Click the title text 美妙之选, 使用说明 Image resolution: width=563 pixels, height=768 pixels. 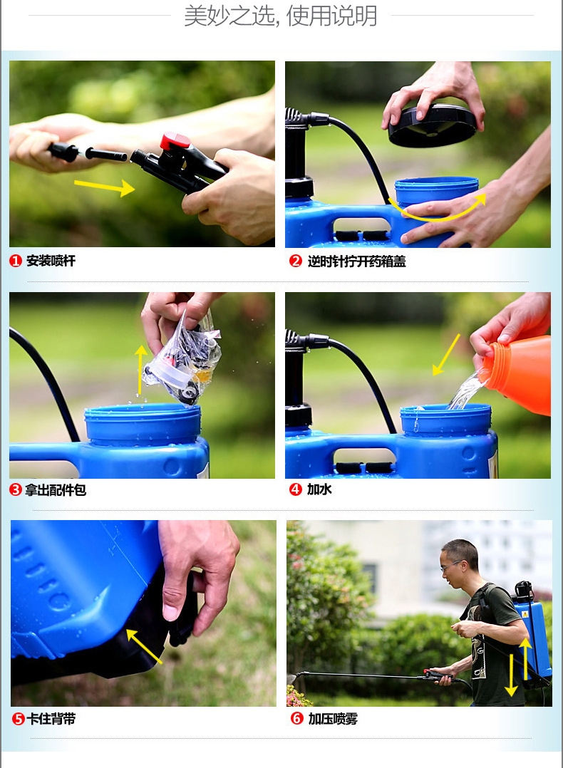[281, 16]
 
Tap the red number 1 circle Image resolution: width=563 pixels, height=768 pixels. [16, 261]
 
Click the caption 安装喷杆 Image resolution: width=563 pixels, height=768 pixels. [51, 261]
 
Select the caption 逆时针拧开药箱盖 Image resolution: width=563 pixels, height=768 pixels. [357, 261]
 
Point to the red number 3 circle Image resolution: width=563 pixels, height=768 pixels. [16, 489]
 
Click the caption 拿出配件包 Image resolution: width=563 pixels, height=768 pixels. [56, 490]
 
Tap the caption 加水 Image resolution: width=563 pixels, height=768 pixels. [319, 489]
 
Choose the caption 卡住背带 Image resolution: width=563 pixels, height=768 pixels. [51, 719]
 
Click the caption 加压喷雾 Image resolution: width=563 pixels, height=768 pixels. [333, 719]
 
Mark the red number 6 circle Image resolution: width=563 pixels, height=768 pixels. [297, 718]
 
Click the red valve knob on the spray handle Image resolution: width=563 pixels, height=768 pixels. [175, 141]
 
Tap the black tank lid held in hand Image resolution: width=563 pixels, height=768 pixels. [432, 125]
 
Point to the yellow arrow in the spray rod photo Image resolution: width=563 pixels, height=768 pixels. [104, 187]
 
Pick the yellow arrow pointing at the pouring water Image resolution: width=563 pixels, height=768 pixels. [446, 355]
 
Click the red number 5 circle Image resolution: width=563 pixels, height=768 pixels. [18, 719]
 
